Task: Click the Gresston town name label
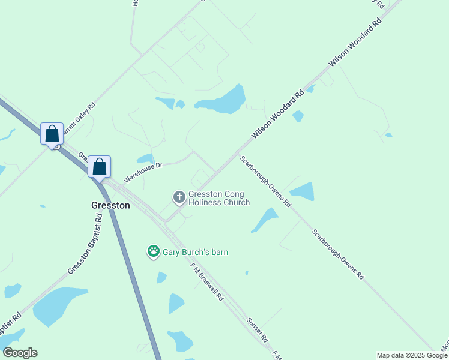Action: (x=110, y=205)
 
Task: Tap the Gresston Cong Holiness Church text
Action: (x=219, y=198)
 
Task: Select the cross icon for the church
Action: (x=179, y=197)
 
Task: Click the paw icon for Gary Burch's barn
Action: (x=154, y=252)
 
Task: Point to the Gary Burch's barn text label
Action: (x=195, y=253)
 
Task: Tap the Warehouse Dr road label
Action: (x=143, y=173)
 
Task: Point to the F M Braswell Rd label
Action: (x=207, y=282)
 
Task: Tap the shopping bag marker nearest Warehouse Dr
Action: (x=100, y=167)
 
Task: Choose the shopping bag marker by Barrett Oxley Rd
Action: (x=52, y=133)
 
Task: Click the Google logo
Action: (x=20, y=353)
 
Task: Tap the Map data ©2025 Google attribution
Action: (x=412, y=355)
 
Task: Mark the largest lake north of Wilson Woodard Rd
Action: (x=223, y=101)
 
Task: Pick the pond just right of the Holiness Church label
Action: (x=265, y=219)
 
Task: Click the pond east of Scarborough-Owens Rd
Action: (x=303, y=191)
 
